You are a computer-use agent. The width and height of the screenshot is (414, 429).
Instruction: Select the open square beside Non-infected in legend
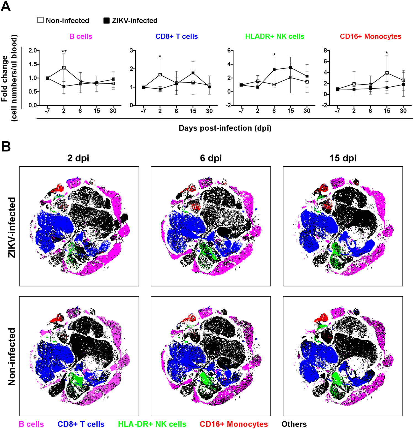click(40, 20)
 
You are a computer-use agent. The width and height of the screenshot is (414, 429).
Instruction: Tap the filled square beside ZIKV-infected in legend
click(107, 20)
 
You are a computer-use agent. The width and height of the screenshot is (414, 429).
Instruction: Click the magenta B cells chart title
click(81, 36)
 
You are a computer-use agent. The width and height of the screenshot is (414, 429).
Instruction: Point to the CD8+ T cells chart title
click(177, 36)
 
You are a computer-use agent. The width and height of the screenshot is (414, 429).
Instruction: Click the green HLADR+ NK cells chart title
click(275, 36)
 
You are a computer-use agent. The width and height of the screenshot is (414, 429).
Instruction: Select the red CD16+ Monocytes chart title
click(370, 36)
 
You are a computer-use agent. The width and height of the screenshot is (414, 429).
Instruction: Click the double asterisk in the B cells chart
click(64, 52)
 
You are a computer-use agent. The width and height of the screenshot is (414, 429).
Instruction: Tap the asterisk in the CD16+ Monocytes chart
click(387, 53)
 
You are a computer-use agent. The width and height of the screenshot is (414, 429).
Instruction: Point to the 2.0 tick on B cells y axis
click(33, 50)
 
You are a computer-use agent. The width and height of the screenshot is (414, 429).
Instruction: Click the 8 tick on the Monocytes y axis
click(325, 50)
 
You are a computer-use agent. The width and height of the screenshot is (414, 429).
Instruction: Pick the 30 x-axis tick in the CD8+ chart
click(209, 111)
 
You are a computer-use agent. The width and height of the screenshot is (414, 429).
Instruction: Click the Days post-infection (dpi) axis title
click(225, 128)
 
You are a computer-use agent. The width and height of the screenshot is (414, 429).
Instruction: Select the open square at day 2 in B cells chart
click(64, 68)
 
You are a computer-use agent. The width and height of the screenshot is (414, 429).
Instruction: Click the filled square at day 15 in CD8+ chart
click(193, 73)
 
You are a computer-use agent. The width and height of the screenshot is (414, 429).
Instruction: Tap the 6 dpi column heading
click(211, 158)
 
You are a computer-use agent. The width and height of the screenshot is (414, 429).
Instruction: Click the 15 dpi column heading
click(343, 158)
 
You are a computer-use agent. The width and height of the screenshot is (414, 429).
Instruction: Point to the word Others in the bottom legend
click(294, 424)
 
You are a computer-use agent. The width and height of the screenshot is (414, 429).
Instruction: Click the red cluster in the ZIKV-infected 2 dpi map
click(59, 189)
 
